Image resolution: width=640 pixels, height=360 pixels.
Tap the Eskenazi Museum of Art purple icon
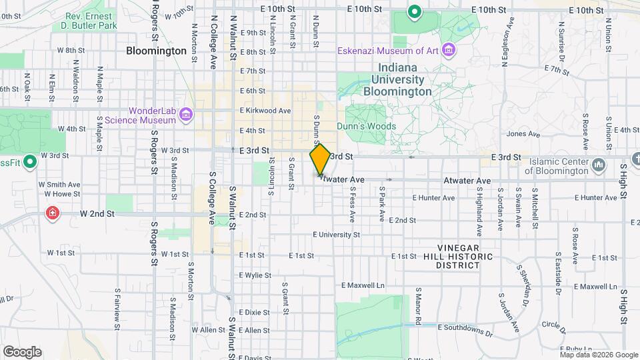[449, 51]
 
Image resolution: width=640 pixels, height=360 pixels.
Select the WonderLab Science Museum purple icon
[186, 115]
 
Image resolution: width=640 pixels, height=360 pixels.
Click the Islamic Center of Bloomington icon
[598, 165]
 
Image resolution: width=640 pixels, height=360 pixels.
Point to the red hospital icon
[52, 213]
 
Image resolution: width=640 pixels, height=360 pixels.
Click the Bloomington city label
[156, 51]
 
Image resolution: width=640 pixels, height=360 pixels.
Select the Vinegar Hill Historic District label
[458, 256]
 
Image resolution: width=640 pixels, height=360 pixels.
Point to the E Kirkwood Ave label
[265, 110]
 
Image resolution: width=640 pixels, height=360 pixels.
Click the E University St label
[337, 235]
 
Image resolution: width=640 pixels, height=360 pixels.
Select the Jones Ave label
[523, 134]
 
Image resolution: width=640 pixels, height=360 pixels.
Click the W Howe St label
[59, 194]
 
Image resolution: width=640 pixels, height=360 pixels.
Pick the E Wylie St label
[253, 275]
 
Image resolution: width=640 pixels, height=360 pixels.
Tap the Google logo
[22, 351]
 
